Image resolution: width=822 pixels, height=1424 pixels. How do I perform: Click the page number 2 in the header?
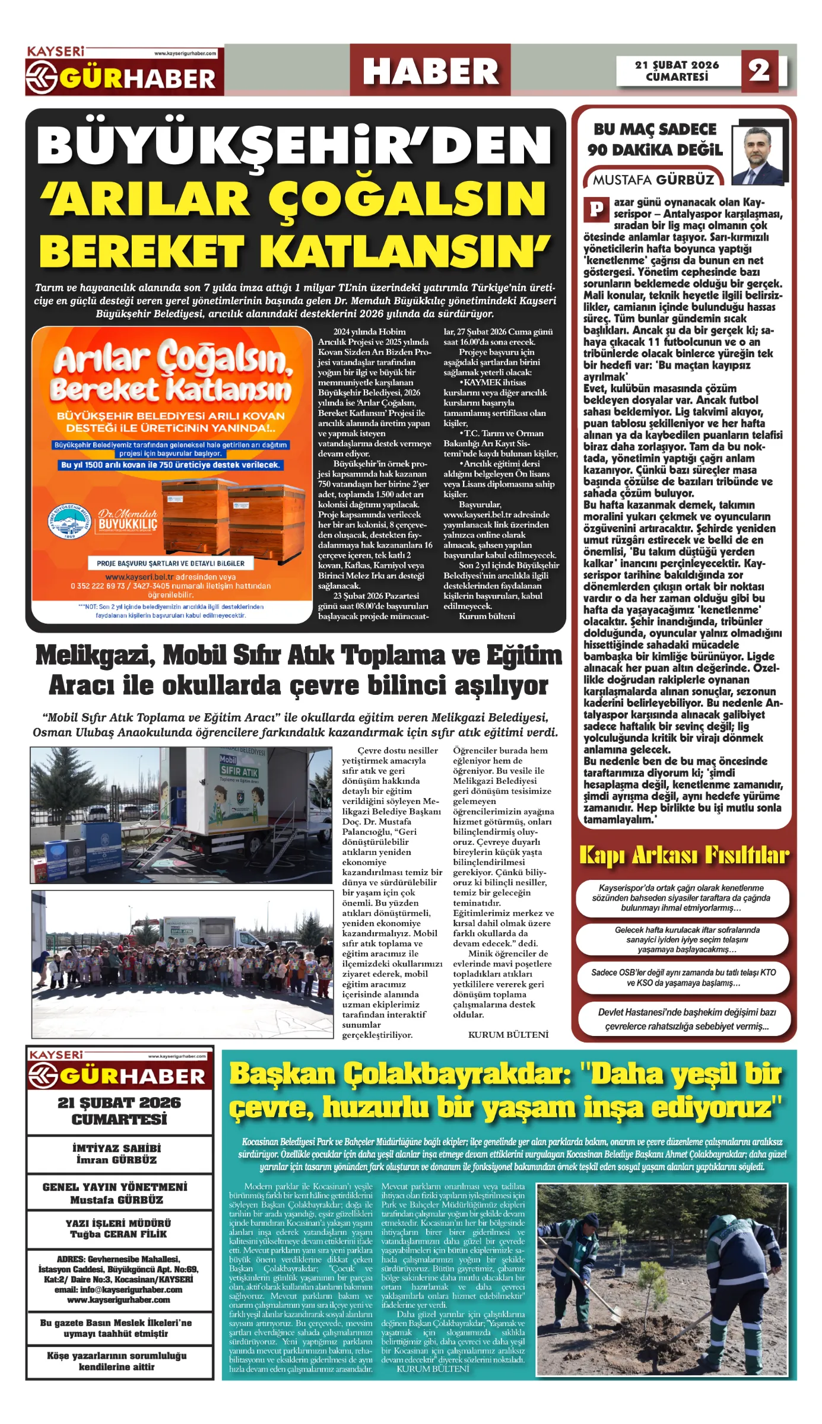coord(759,71)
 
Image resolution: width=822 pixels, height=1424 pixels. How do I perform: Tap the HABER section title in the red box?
coord(430,71)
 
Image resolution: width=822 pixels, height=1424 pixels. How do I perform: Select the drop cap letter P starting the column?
coord(596,209)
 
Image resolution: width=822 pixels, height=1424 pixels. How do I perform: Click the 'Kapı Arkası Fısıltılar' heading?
coord(684,855)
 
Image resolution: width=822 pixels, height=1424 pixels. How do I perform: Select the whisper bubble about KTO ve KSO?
coord(683,977)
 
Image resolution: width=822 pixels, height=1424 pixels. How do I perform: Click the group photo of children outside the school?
coord(182,964)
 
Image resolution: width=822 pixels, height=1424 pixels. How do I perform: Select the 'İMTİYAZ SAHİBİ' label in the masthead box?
coord(116,1148)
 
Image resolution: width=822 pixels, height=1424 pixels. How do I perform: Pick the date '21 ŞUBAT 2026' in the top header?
coord(677,65)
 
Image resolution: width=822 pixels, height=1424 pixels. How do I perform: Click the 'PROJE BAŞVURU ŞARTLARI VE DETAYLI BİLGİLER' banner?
coord(170,563)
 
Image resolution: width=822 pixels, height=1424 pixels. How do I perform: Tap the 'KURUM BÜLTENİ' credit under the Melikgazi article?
coord(508,1035)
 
